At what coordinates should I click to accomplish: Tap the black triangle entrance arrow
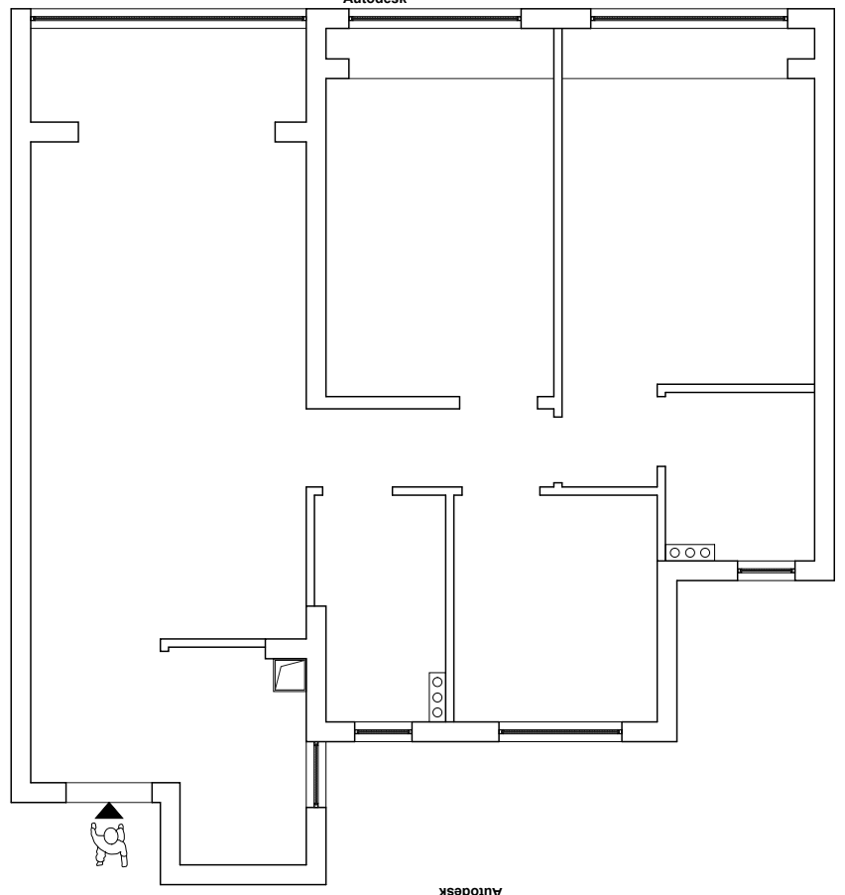109,811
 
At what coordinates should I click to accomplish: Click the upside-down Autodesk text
471,889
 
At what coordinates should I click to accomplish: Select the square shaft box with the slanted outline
290,676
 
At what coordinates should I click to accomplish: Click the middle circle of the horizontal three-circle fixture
689,552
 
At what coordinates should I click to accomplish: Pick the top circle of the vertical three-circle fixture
437,683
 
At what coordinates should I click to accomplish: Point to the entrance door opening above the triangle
109,792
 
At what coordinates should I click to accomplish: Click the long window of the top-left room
168,19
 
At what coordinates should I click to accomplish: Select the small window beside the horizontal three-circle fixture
766,570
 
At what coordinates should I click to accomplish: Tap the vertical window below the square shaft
316,774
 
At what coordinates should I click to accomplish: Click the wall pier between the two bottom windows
455,732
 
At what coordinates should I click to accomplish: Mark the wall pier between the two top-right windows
555,18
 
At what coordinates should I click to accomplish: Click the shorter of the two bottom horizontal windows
383,732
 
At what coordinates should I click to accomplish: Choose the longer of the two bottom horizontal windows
559,732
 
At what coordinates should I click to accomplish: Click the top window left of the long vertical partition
435,19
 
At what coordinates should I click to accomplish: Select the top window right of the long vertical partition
689,19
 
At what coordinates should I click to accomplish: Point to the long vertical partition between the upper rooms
557,218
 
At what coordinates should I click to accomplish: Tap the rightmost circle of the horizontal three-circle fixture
705,552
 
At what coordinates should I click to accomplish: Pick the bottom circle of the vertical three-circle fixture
437,711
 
